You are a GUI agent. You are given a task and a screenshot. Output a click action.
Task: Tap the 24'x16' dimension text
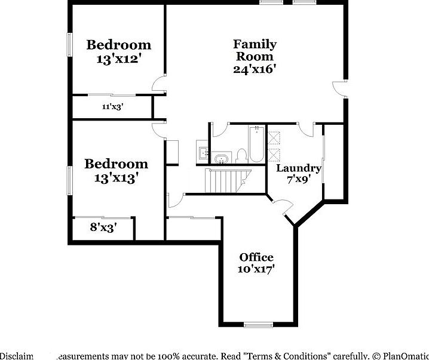click(255, 69)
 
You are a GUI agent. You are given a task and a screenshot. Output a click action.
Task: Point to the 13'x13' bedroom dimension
click(116, 177)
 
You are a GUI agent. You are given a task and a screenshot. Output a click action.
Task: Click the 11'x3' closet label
click(112, 107)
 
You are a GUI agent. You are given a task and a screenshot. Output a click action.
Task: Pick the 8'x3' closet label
click(103, 227)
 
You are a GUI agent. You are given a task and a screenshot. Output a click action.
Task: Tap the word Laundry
click(299, 168)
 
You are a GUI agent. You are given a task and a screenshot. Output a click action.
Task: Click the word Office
click(256, 257)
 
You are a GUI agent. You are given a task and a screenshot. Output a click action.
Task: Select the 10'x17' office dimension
click(256, 269)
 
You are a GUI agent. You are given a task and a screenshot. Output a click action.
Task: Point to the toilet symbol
click(241, 156)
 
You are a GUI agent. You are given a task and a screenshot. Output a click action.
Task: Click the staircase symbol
click(228, 180)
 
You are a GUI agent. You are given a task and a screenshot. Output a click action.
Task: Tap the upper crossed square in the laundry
click(274, 138)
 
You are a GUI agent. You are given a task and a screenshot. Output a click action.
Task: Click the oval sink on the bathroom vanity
click(220, 159)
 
